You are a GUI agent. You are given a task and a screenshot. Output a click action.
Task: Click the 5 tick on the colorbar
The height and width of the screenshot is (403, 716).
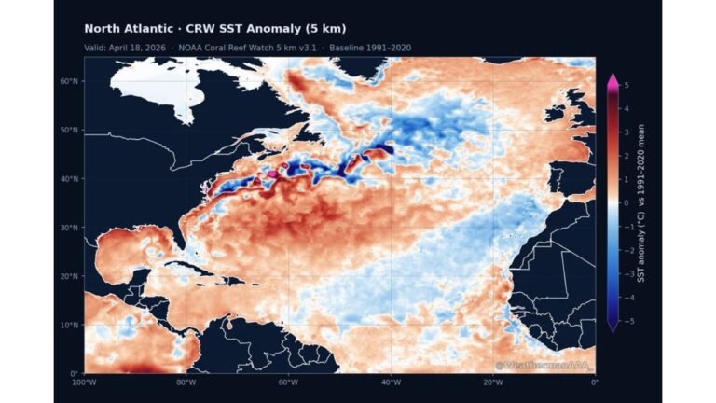pyautogui.click(x=626, y=85)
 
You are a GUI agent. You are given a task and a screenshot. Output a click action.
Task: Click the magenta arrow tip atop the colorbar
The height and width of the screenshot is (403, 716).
pyautogui.click(x=613, y=78)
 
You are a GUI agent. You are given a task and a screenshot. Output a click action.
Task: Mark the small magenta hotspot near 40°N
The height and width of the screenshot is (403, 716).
pyautogui.click(x=272, y=174)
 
